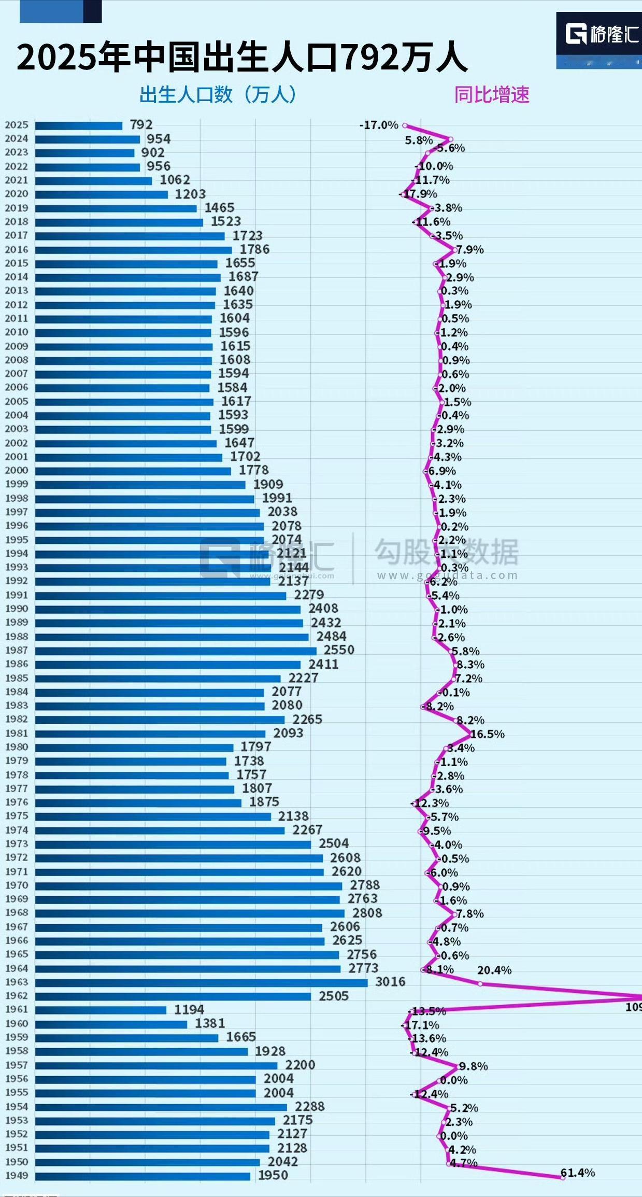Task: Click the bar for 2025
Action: pyautogui.click(x=78, y=125)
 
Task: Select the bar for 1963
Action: pyautogui.click(x=201, y=982)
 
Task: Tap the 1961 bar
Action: pyautogui.click(x=101, y=1010)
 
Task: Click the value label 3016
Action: pyautogui.click(x=390, y=981)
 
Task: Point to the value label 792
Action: pyautogui.click(x=141, y=124)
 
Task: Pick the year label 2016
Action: pyautogui.click(x=17, y=249)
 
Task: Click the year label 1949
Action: pyautogui.click(x=17, y=1176)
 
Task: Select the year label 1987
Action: pyautogui.click(x=17, y=650)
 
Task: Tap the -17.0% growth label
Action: pyautogui.click(x=379, y=125)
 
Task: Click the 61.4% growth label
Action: pyautogui.click(x=577, y=1173)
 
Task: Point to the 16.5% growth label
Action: pyautogui.click(x=487, y=734)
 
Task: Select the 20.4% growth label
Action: pyautogui.click(x=494, y=970)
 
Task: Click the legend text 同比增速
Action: pyautogui.click(x=492, y=95)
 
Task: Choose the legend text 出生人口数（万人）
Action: pyautogui.click(x=218, y=95)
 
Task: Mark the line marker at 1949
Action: pyautogui.click(x=563, y=1177)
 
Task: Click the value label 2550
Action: pyautogui.click(x=339, y=650)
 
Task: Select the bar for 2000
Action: pyautogui.click(x=133, y=471)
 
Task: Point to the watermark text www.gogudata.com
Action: pyautogui.click(x=447, y=575)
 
